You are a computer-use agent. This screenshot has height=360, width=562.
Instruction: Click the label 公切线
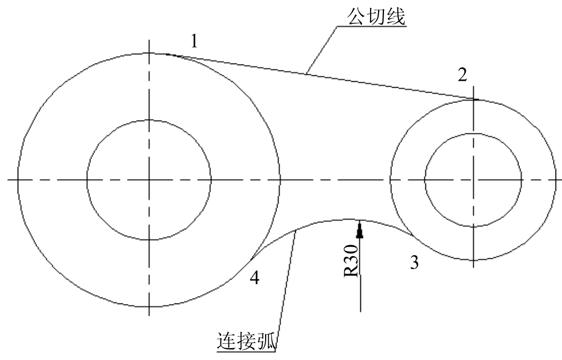(x=376, y=16)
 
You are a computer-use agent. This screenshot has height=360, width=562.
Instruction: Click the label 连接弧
(x=247, y=341)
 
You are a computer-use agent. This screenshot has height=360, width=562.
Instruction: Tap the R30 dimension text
(x=351, y=260)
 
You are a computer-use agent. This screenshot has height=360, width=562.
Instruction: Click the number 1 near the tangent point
(x=194, y=41)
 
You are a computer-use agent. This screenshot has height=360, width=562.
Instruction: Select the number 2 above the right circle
(x=463, y=75)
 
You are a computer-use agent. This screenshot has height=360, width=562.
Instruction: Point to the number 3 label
(x=414, y=263)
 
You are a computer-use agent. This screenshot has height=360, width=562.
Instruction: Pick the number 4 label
(x=254, y=277)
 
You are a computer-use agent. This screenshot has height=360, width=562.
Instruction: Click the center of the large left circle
(x=149, y=179)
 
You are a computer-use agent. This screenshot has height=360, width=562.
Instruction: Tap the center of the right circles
(x=473, y=179)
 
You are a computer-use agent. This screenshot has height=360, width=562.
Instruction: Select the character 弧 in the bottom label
(x=267, y=341)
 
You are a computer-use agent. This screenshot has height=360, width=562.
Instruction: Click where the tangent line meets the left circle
(x=166, y=54)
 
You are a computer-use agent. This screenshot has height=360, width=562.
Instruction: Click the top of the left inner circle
(x=149, y=120)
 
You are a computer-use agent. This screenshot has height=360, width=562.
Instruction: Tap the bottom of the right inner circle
(x=473, y=226)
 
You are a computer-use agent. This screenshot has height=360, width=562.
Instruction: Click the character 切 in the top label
(x=376, y=16)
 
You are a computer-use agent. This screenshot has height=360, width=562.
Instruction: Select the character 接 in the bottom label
(x=247, y=341)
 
